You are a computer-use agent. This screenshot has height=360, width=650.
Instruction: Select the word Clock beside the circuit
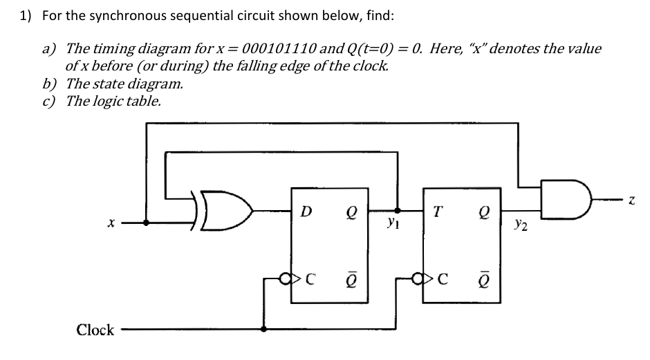[95, 330]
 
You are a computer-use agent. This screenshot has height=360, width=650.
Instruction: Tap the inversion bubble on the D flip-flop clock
[286, 281]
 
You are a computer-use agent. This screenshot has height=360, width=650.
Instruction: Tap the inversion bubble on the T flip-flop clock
[418, 281]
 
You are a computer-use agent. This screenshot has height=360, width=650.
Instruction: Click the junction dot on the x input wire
[146, 223]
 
